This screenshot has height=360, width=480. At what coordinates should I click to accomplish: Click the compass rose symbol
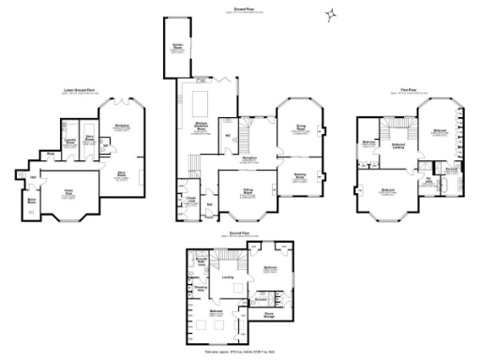click(x=329, y=14)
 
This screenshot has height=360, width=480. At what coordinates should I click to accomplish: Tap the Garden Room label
click(x=176, y=45)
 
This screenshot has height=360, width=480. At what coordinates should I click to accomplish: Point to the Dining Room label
click(x=301, y=127)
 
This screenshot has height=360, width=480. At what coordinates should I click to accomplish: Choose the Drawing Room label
click(x=301, y=174)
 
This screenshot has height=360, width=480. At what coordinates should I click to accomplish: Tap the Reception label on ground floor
click(x=251, y=159)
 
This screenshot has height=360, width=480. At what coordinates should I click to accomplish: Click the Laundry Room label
click(x=69, y=142)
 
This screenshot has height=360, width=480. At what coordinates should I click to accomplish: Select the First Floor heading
click(x=408, y=90)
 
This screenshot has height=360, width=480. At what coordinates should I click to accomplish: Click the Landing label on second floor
click(x=228, y=277)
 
